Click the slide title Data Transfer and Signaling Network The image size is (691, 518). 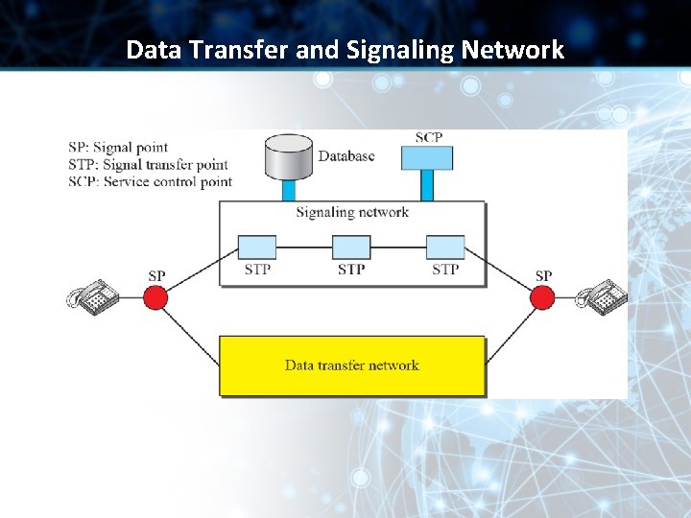click(345, 49)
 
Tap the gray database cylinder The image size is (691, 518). click(288, 159)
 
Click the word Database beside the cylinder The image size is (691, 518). click(346, 156)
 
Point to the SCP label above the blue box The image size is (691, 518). click(429, 138)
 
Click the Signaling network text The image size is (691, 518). click(352, 213)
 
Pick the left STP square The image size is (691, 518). click(256, 247)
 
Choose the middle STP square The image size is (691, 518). click(351, 247)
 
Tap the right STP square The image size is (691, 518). click(445, 247)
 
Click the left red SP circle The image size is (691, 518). click(155, 297)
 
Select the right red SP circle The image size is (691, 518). click(543, 297)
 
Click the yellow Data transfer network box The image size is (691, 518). click(352, 365)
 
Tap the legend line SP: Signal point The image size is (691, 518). click(118, 148)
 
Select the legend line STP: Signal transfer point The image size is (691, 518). click(148, 165)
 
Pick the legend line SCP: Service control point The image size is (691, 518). click(150, 181)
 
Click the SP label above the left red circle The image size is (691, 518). click(156, 276)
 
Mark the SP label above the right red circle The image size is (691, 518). click(543, 276)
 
